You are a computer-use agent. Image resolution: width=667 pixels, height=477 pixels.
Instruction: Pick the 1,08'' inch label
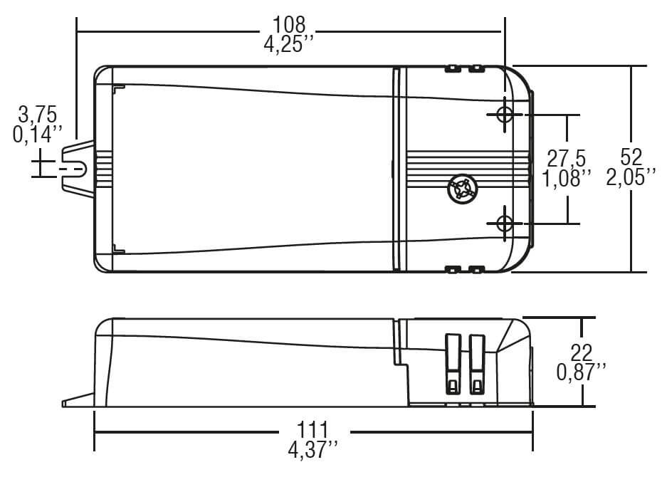tap(567, 178)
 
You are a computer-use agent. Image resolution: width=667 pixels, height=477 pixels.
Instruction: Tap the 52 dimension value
tap(631, 157)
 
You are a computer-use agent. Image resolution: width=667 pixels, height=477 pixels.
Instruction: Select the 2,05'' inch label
tap(631, 178)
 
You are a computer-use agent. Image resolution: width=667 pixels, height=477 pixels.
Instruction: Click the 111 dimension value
tap(313, 431)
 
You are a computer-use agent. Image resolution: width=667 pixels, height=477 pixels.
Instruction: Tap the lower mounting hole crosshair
tap(504, 223)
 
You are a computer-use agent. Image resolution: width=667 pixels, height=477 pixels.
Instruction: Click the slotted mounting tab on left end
tap(78, 169)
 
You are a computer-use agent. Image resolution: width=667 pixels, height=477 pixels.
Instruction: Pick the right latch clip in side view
tap(476, 363)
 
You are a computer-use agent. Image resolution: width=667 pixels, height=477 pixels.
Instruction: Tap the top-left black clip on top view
tap(451, 69)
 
